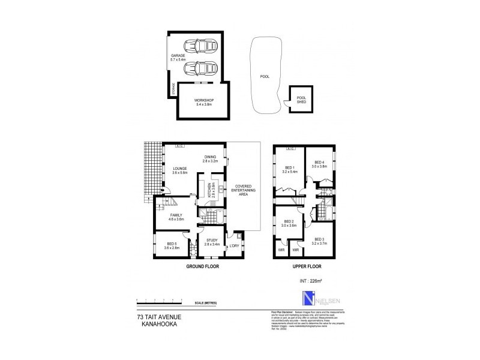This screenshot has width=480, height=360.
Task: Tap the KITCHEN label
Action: pyautogui.click(x=211, y=191)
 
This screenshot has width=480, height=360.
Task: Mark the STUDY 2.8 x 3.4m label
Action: pyautogui.click(x=212, y=243)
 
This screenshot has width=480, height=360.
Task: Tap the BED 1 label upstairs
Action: pyautogui.click(x=290, y=169)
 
